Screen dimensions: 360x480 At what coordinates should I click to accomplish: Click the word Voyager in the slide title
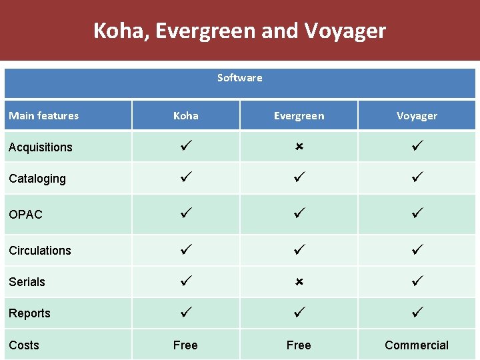[345, 31]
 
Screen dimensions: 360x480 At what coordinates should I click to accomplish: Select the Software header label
[239, 78]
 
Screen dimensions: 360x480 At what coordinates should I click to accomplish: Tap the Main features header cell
[43, 116]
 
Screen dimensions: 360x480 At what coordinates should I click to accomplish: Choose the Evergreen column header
[299, 116]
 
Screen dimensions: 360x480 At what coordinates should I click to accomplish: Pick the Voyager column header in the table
[417, 116]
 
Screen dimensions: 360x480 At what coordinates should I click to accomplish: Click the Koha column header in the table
[185, 116]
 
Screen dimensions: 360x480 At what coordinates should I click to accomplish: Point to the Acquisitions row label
[40, 147]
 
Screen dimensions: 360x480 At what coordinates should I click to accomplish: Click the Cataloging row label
[37, 179]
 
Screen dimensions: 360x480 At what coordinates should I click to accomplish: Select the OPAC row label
[25, 215]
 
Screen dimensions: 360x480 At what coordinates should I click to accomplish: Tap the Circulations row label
[40, 251]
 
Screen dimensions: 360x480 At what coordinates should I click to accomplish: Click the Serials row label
[27, 282]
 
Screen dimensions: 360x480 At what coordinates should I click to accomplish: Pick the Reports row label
[29, 313]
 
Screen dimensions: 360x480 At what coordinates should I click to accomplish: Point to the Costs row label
[24, 345]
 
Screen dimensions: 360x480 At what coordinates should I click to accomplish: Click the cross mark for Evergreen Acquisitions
[299, 145]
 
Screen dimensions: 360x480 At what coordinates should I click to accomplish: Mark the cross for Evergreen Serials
[299, 282]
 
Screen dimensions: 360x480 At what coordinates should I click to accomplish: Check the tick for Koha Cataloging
[185, 177]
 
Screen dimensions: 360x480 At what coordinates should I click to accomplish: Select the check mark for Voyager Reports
[417, 311]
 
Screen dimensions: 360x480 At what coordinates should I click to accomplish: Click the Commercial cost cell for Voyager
[417, 345]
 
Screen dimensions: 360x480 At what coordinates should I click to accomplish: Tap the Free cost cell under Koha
[185, 345]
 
